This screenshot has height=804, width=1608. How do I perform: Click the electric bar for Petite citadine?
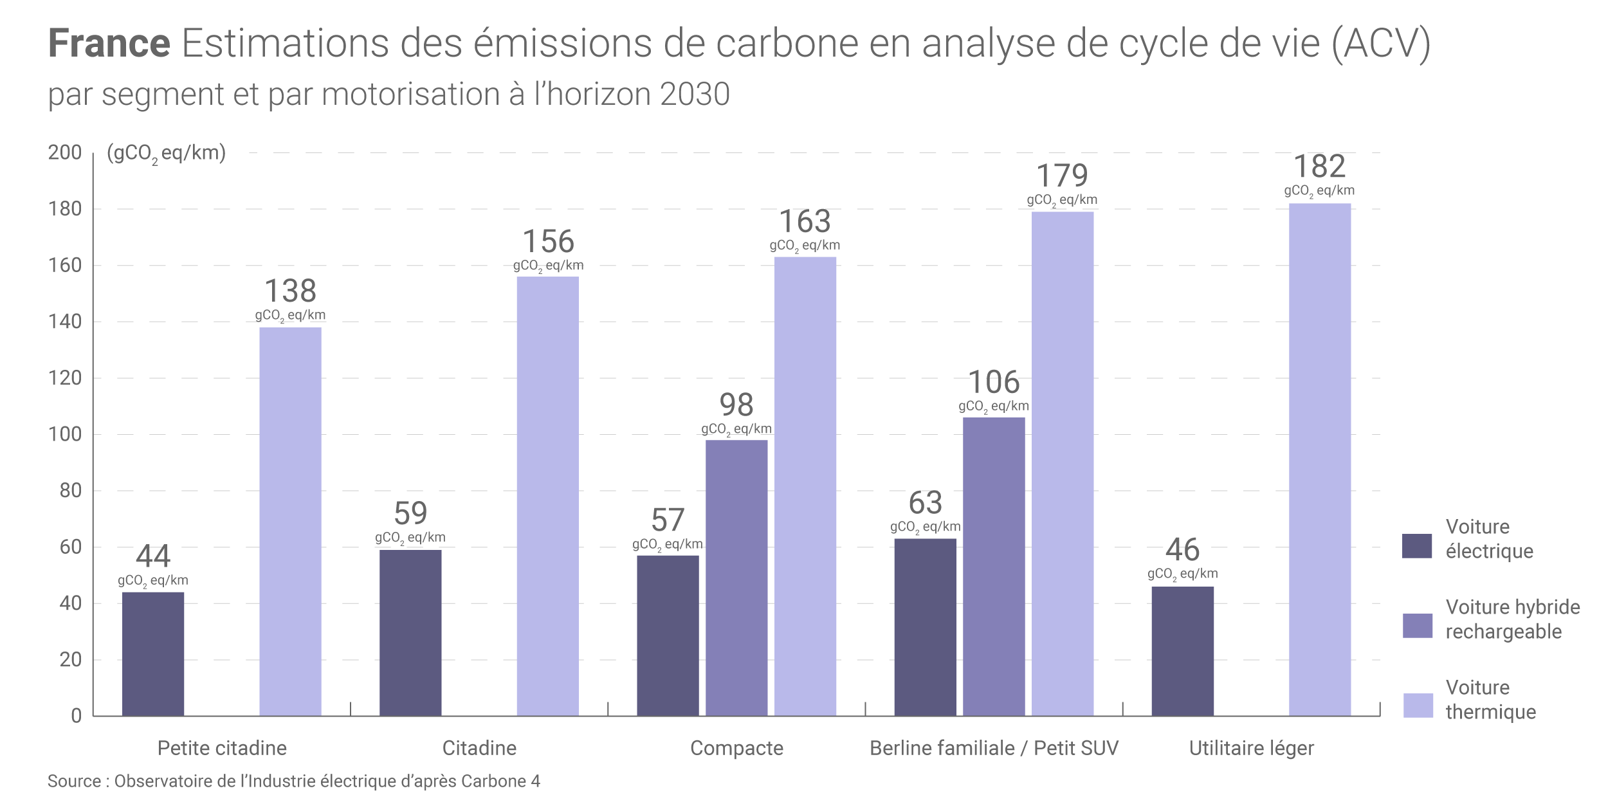click(153, 653)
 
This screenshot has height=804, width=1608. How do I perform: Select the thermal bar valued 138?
click(290, 521)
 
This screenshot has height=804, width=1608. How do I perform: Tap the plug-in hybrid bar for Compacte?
click(736, 578)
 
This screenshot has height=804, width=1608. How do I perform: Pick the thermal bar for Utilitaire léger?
click(1320, 459)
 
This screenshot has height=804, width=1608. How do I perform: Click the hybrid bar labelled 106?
click(994, 566)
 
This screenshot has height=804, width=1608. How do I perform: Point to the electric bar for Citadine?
click(410, 632)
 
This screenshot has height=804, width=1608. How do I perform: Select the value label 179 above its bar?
click(1062, 176)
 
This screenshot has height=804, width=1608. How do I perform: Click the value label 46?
click(1182, 550)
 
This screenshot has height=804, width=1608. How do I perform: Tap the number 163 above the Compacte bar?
click(805, 222)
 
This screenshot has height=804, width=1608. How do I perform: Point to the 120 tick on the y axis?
click(65, 378)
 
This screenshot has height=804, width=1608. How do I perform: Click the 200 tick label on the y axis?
click(65, 152)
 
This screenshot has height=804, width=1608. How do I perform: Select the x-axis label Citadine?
click(479, 748)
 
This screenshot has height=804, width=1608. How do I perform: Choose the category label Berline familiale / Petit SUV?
click(994, 748)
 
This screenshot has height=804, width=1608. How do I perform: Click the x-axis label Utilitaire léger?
click(1251, 748)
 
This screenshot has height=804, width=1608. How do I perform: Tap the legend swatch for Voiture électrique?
click(1417, 546)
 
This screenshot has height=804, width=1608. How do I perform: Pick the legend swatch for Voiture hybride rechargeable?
click(1418, 626)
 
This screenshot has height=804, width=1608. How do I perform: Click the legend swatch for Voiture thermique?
click(1418, 706)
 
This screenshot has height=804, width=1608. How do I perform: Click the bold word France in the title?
click(109, 44)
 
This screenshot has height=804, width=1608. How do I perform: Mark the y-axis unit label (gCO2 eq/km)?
click(167, 154)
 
